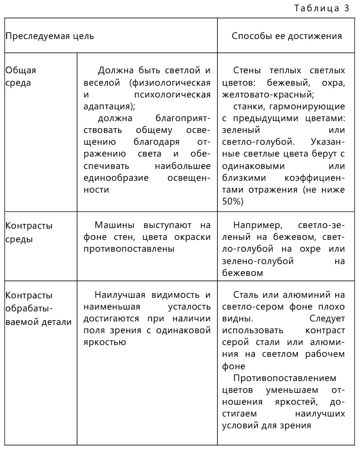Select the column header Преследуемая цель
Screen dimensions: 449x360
coord(50,35)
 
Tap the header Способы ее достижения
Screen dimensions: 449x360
coord(287,35)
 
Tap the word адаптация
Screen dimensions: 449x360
coord(109,106)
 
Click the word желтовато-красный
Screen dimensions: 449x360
coord(269,94)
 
